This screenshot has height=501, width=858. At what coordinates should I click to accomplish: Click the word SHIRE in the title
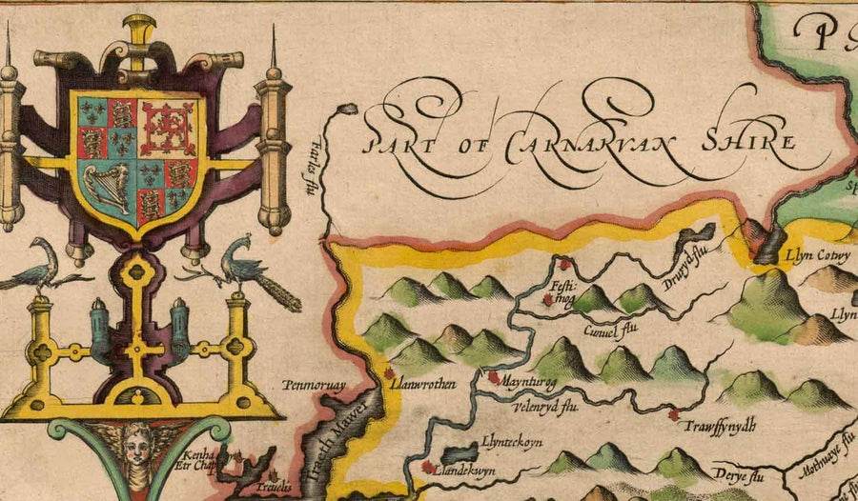click(x=747, y=139)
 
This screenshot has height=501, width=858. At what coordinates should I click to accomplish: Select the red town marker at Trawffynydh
click(x=674, y=414)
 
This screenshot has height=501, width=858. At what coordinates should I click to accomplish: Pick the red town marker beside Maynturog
click(x=493, y=377)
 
